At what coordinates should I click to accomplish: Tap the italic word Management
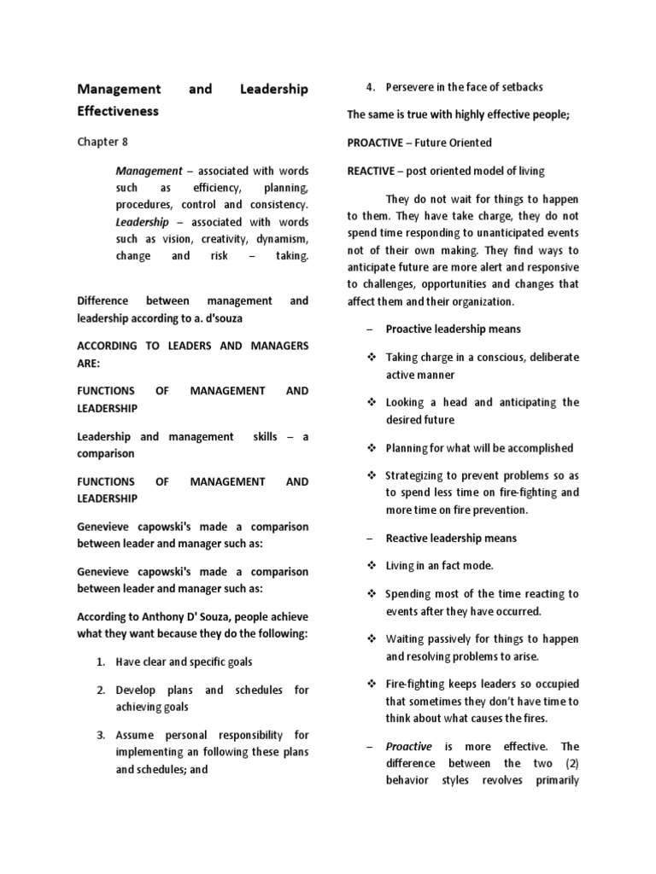click(x=149, y=171)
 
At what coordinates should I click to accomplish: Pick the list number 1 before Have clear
click(x=100, y=661)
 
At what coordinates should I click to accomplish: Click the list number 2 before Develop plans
click(x=100, y=690)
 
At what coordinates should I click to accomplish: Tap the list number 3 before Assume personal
click(x=100, y=735)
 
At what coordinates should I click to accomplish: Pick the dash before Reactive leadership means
click(x=369, y=539)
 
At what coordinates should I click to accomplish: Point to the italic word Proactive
click(x=409, y=747)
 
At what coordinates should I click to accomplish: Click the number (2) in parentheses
click(x=571, y=764)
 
